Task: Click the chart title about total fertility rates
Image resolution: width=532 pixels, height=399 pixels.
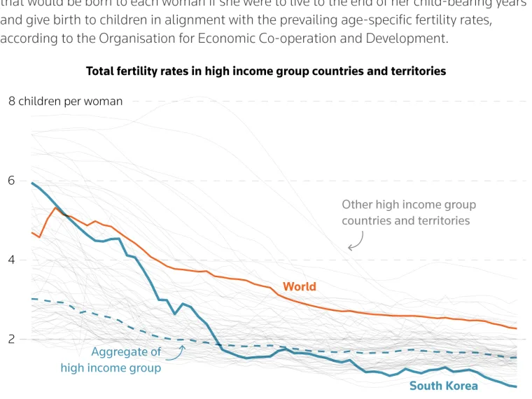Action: pos(265,71)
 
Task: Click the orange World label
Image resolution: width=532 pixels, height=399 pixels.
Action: pos(300,286)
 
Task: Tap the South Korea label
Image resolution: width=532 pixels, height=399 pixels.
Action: pos(443,386)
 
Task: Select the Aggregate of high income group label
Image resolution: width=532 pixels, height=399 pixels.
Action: pos(111,360)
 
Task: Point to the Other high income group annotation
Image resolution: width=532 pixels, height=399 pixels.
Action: pos(409,212)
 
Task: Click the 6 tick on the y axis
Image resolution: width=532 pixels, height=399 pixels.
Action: pos(11,181)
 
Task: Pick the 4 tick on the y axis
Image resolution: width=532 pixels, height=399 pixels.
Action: pos(11,260)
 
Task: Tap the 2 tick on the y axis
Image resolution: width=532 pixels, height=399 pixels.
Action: pos(11,339)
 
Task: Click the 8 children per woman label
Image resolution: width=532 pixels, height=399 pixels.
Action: pos(65,101)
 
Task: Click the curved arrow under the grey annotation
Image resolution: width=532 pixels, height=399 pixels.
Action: pos(356,242)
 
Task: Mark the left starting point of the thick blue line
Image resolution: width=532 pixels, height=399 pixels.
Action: pos(32,183)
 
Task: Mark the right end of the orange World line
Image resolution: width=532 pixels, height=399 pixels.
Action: pos(517,328)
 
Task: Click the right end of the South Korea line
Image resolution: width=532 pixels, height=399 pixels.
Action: pos(517,386)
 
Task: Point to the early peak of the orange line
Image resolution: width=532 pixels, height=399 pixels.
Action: pos(56,207)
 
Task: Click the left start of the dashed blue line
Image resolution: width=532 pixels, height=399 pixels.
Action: pos(32,299)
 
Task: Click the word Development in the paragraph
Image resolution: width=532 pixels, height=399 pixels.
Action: pos(412,38)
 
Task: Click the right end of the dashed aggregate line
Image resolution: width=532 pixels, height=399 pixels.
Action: pos(517,358)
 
